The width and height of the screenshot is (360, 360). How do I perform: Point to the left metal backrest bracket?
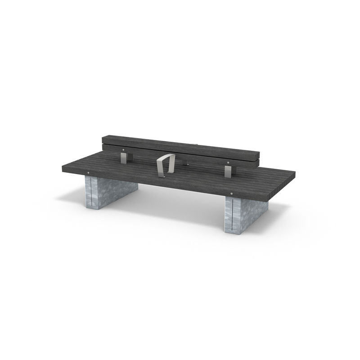125,157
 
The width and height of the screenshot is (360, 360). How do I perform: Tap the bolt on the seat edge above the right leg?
231,194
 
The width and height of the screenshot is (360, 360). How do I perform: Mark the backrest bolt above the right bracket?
229,162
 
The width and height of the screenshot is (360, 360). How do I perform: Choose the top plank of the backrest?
180,144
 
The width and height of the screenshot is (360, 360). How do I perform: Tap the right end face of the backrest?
258,159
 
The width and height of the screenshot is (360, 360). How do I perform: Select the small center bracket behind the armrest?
185,161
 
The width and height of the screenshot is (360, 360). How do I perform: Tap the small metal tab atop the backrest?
195,145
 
